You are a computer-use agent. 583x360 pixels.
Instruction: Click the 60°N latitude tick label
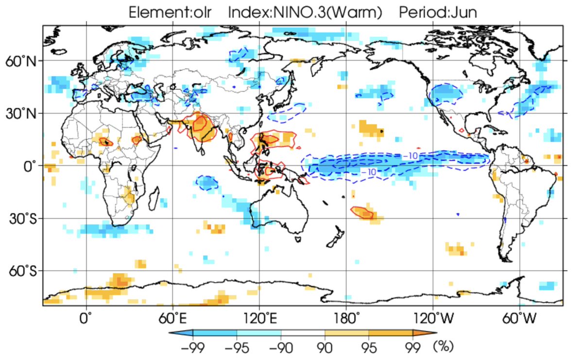coord(21,62)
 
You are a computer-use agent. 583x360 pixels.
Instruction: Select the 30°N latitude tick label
coord(21,114)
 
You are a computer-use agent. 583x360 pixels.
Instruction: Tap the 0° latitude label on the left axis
coord(30,167)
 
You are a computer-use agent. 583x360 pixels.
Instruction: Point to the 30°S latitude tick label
coord(23,219)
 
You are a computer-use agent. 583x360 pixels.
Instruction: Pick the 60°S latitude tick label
coord(23,272)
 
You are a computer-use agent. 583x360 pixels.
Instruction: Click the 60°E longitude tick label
coord(173,318)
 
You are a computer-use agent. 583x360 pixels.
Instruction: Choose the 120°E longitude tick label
coord(260,318)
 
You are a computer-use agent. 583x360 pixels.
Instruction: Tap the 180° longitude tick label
coord(346,318)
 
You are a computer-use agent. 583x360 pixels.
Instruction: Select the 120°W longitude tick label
coord(433,318)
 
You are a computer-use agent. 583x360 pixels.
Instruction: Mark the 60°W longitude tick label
coord(520,318)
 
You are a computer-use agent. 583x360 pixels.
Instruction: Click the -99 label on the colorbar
coord(193,347)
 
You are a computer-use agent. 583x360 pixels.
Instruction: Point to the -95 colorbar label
coord(237,347)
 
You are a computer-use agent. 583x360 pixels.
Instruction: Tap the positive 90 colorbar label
coord(325,347)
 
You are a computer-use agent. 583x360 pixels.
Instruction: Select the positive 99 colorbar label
coord(413,347)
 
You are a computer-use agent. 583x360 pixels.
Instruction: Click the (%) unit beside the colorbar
coord(444,346)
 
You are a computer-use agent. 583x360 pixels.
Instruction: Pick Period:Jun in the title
coord(438,12)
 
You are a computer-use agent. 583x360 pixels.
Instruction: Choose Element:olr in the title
coord(170,12)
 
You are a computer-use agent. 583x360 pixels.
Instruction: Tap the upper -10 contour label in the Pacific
coord(410,155)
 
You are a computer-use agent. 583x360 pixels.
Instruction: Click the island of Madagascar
coord(154,199)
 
